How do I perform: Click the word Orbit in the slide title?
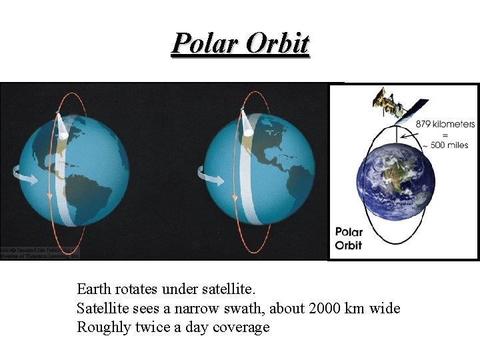click(x=278, y=43)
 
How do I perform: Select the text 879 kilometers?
click(x=445, y=124)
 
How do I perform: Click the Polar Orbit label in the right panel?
click(x=348, y=239)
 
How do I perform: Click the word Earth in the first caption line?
click(x=94, y=289)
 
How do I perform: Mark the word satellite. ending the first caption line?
click(x=229, y=289)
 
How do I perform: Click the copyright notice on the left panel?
click(x=40, y=252)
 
